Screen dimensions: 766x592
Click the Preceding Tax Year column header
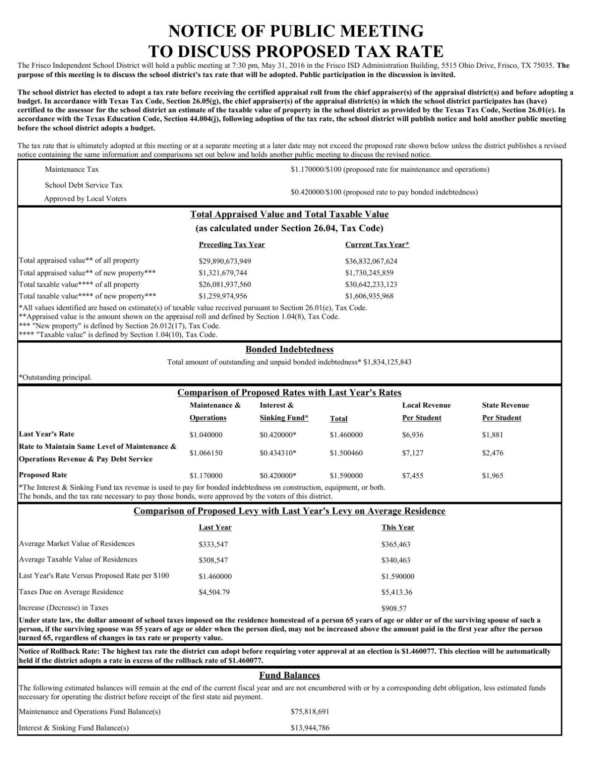tap(232, 245)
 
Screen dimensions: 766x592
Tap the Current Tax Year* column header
tap(377, 245)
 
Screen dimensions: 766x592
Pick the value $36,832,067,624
tap(371, 261)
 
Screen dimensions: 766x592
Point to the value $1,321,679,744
tap(223, 273)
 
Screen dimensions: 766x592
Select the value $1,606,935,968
tap(369, 296)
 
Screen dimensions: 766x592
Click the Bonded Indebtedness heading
tap(289, 350)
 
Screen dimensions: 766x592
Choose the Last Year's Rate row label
tap(46, 434)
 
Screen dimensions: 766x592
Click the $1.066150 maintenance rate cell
tap(206, 453)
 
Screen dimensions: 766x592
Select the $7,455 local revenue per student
tap(413, 476)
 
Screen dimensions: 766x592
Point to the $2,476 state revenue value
tap(493, 453)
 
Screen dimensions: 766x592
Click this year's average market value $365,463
tap(396, 544)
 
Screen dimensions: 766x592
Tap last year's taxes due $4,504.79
tap(214, 592)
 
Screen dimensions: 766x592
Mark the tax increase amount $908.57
tap(394, 608)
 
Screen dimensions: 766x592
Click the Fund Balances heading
tap(289, 676)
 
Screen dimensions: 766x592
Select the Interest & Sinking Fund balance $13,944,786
tap(310, 728)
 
